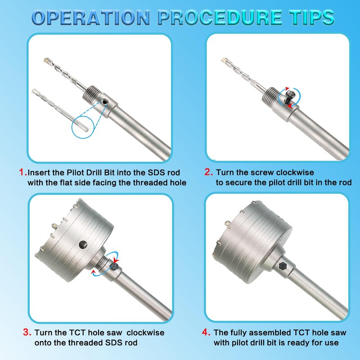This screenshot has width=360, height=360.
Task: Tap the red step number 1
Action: [22, 172]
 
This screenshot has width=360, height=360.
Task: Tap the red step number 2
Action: [208, 172]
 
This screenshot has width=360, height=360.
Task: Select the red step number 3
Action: [27, 333]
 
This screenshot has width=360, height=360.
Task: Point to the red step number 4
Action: [206, 333]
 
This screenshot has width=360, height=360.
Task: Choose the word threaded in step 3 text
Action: [77, 342]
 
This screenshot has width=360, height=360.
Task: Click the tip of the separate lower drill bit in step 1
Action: [35, 91]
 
